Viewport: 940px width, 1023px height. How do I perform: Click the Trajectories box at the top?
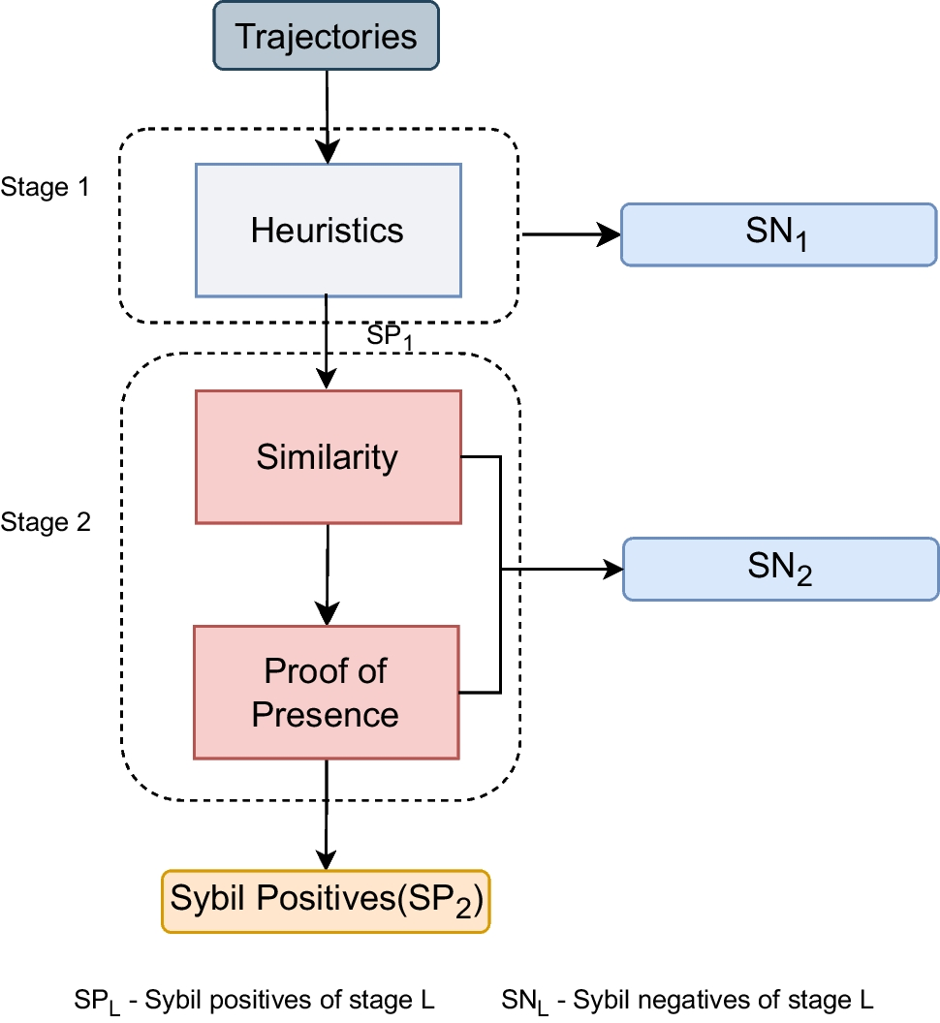click(x=327, y=38)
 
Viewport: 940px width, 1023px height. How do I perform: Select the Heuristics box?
click(x=328, y=230)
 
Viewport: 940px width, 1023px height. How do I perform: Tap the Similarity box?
click(x=328, y=456)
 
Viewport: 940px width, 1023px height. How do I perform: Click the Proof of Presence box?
click(x=326, y=692)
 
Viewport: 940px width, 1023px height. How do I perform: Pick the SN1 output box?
click(x=779, y=233)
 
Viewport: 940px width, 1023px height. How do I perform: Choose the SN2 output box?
click(x=779, y=569)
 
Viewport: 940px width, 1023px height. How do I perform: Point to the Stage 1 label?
click(x=46, y=186)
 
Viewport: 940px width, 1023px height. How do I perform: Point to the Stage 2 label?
click(x=46, y=523)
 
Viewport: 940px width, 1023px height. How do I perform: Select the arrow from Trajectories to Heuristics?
click(x=328, y=116)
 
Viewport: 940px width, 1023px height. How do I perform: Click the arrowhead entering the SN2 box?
click(x=611, y=569)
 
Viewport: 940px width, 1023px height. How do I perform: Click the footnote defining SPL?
click(x=254, y=1000)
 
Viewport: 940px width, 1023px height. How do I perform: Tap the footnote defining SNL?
click(x=688, y=1000)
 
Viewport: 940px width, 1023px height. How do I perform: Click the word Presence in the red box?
click(x=326, y=715)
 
